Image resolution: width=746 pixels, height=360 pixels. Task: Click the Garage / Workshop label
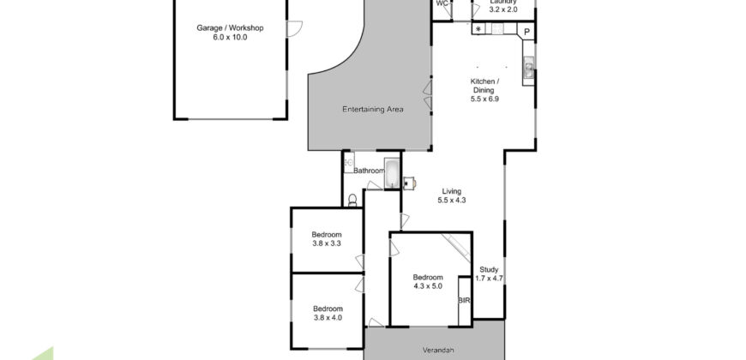[230, 28]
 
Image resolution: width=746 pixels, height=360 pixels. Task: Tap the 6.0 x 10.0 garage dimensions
[230, 38]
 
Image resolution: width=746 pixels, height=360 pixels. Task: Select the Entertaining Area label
[372, 109]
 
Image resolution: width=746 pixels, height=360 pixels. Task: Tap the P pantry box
[527, 33]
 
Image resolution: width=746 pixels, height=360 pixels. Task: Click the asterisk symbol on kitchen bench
[478, 29]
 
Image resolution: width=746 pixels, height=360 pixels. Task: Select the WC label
[442, 3]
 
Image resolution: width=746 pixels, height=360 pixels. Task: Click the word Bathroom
[369, 171]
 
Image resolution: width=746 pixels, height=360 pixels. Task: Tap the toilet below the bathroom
[353, 201]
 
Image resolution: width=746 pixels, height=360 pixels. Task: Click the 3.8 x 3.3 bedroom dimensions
[327, 244]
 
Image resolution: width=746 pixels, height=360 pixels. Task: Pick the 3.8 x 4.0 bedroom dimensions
[327, 318]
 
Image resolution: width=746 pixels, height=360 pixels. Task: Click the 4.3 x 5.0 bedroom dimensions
[428, 286]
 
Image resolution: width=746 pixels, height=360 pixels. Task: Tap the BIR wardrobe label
[464, 301]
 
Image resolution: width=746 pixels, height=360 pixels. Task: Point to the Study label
[489, 269]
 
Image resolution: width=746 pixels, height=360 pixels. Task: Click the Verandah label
[436, 351]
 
